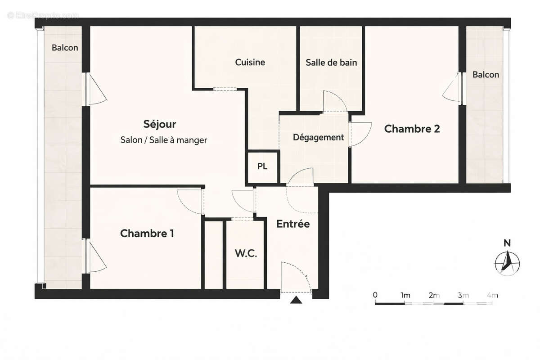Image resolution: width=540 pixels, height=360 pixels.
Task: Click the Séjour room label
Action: coord(160,124)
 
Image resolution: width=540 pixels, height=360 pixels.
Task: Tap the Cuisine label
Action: coord(250,63)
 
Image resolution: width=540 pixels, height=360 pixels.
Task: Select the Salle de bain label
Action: coord(331,63)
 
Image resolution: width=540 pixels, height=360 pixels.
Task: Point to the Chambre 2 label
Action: coord(412,129)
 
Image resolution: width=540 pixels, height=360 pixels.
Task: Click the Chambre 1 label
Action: coord(147,234)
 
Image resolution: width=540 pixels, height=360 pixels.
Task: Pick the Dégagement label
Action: coord(318,137)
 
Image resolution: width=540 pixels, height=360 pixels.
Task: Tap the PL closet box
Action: coord(262,166)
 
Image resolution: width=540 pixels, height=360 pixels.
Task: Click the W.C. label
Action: coord(246,253)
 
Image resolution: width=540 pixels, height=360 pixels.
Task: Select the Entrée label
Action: coord(293,224)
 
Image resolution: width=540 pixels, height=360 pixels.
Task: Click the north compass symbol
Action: coord(507,262)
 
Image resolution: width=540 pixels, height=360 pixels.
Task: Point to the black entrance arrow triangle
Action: coord(296,300)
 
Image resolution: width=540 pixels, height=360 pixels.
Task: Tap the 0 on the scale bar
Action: coord(375,295)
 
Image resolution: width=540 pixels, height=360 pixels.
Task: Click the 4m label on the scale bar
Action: coord(492,295)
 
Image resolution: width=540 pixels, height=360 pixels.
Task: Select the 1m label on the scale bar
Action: coord(405,295)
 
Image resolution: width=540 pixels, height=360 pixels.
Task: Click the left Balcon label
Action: coord(65,48)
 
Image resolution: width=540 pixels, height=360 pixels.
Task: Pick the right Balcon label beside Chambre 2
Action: coord(486,75)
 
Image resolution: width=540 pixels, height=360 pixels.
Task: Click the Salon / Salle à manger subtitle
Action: coord(164,140)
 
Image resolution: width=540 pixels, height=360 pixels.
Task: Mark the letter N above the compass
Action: coord(507,243)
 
